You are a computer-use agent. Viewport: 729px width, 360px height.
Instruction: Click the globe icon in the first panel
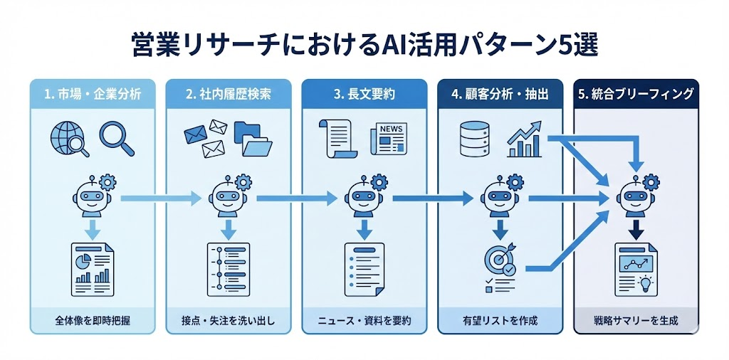tap(68, 137)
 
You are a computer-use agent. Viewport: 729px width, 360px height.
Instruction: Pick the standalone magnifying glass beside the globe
tap(117, 137)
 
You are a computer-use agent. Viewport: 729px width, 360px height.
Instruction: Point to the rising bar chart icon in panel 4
tap(526, 139)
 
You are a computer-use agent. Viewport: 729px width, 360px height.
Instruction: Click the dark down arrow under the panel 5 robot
tap(636, 228)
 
